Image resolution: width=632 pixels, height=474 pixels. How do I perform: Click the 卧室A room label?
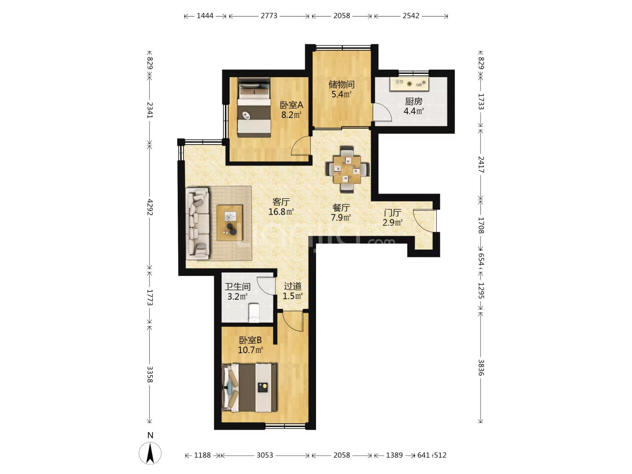(x=291, y=105)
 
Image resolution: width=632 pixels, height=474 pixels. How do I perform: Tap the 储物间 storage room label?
(x=341, y=84)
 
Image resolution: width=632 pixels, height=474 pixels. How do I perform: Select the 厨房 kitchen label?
(x=413, y=101)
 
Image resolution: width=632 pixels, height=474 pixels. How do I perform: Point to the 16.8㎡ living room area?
(x=281, y=212)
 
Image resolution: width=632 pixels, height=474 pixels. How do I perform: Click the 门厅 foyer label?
(x=392, y=213)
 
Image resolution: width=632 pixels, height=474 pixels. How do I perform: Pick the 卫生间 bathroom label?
(x=237, y=286)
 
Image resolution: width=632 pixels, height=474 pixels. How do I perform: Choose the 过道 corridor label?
(x=293, y=286)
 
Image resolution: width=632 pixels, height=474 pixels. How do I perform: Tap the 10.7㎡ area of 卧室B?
(x=250, y=350)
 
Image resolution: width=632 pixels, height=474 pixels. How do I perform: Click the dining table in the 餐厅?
(x=347, y=170)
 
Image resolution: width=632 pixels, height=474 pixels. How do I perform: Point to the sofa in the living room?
(x=197, y=224)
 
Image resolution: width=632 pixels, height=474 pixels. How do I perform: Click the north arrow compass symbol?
(x=150, y=453)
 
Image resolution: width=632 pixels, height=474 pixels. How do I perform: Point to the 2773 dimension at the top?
(x=269, y=16)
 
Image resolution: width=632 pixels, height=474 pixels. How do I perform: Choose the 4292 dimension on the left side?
(x=150, y=207)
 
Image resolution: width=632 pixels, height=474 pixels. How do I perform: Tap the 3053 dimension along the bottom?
(x=265, y=455)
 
